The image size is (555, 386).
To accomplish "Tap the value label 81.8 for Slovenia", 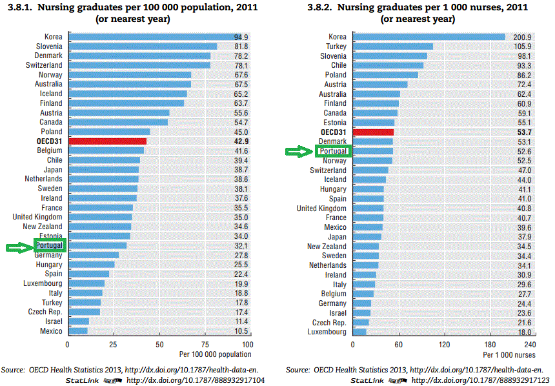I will (x=241, y=46).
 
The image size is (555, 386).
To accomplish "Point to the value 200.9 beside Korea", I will (x=520, y=37).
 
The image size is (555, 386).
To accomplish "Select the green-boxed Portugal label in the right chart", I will (x=333, y=151).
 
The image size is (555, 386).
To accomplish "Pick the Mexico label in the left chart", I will (x=51, y=331).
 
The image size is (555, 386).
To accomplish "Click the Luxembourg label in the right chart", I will (x=327, y=332).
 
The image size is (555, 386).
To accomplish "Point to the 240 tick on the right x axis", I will (x=530, y=345).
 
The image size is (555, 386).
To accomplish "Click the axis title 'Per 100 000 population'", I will (x=216, y=354).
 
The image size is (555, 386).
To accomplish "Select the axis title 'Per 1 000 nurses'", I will (x=509, y=355).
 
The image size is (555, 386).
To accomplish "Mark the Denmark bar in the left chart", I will (x=139, y=56).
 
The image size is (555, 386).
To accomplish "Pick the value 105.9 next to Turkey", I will (x=520, y=46).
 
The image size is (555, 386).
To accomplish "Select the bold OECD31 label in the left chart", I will (x=49, y=141).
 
